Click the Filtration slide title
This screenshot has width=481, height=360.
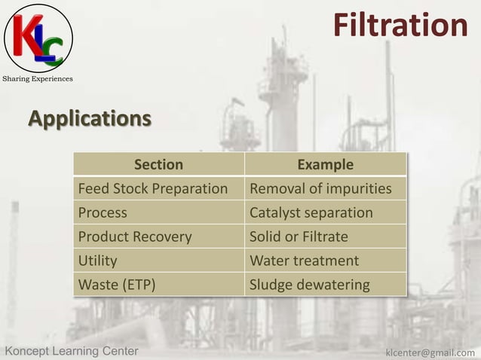(400, 25)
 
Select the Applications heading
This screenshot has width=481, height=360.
(90, 118)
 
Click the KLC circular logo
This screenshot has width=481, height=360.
(38, 38)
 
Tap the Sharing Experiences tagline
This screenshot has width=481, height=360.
(38, 79)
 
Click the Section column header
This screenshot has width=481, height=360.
(158, 164)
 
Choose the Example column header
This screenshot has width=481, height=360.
(325, 164)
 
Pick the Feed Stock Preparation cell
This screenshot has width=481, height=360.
(153, 188)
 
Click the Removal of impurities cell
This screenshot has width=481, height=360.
(320, 188)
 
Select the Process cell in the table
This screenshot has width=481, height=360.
(103, 212)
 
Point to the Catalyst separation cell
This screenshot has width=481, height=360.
(311, 212)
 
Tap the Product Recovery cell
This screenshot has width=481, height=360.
(135, 236)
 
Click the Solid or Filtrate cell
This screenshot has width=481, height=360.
(299, 236)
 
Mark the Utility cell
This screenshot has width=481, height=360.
(98, 261)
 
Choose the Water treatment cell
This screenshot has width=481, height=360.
(304, 261)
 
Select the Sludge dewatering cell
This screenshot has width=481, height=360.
(309, 285)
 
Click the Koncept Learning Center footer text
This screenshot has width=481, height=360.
(72, 351)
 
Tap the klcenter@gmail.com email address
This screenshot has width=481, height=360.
(430, 352)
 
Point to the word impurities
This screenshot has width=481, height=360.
(358, 188)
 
